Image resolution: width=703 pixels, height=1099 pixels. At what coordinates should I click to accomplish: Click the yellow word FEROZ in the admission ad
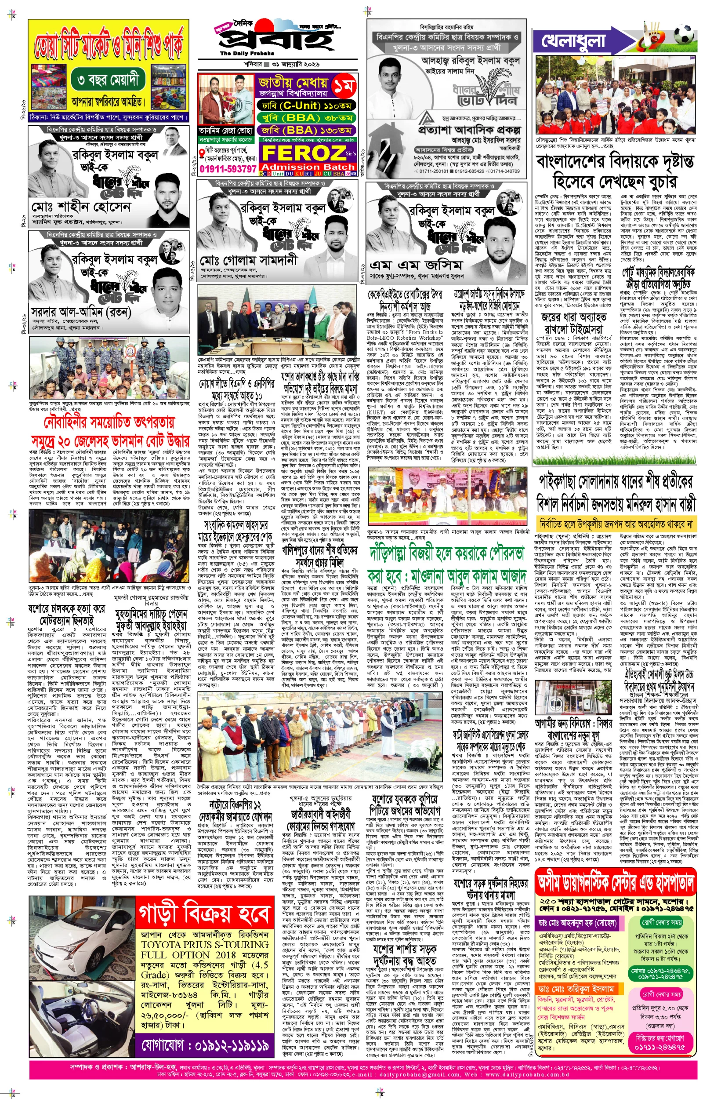click(x=303, y=153)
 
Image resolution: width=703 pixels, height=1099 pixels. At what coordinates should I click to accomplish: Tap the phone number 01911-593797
click(x=228, y=169)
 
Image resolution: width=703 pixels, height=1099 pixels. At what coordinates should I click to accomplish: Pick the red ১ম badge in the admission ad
click(x=343, y=85)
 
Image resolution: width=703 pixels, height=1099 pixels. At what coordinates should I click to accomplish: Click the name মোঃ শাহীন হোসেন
click(x=81, y=207)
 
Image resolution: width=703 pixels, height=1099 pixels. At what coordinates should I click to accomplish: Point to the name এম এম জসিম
click(x=415, y=265)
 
